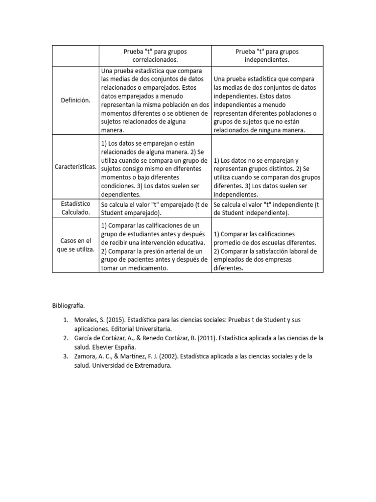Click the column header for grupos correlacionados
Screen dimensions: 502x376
[155, 55]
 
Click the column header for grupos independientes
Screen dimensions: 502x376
[267, 55]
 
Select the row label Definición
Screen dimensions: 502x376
[75, 100]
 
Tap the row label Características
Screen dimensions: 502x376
[75, 167]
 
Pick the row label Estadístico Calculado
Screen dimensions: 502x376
[75, 208]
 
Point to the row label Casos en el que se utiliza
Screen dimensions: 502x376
[75, 245]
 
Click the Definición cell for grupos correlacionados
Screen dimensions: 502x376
[155, 100]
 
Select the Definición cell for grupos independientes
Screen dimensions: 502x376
[267, 104]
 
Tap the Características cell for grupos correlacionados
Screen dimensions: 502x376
[155, 167]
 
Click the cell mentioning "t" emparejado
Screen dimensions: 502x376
[155, 208]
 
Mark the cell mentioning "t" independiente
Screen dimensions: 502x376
[267, 208]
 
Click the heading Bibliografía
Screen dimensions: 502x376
[69, 305]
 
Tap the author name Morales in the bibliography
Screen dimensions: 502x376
[80, 320]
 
